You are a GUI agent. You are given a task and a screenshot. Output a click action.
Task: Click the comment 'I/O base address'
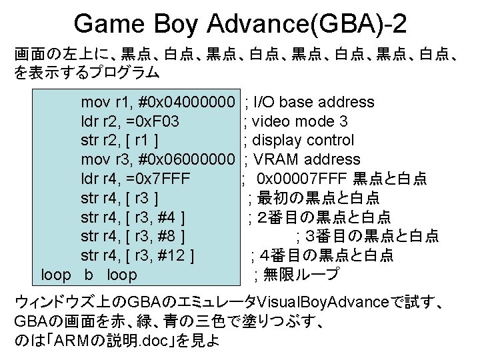tap(314, 103)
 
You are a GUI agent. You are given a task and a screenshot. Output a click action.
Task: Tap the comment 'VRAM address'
tap(307, 160)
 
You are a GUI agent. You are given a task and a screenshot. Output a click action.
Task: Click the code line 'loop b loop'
tap(89, 275)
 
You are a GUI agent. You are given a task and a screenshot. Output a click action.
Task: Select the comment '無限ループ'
tap(301, 275)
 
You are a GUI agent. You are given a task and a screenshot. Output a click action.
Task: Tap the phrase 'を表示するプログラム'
tap(87, 72)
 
